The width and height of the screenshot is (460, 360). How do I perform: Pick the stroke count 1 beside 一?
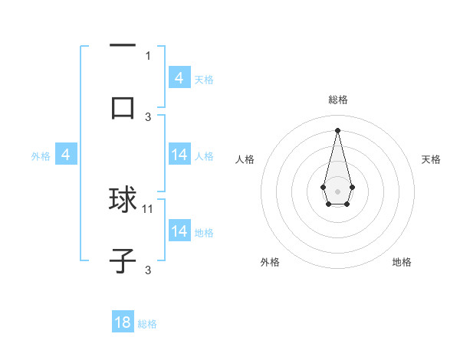coord(148,55)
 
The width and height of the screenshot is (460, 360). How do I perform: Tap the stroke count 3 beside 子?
coord(148,270)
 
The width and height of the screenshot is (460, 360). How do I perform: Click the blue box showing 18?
coord(123,322)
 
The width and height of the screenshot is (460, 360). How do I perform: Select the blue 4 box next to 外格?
coord(66,155)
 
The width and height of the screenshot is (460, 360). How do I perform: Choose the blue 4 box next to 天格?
coord(179,78)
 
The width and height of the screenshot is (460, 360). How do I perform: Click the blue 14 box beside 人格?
coord(179,155)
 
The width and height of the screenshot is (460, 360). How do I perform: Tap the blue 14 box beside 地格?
coord(179,231)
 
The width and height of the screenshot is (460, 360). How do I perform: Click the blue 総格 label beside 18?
coord(147,324)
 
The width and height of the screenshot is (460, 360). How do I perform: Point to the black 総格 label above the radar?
coord(337,100)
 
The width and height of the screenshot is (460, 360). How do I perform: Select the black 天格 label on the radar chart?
coord(432,159)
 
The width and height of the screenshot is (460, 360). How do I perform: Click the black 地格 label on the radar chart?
coord(402,262)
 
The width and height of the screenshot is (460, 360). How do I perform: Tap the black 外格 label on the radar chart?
coord(270,262)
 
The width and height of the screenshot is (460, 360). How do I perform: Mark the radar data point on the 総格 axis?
coord(337,129)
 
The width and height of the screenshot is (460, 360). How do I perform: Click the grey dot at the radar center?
coord(337,190)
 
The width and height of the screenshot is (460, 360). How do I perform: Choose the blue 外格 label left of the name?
coord(41,156)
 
